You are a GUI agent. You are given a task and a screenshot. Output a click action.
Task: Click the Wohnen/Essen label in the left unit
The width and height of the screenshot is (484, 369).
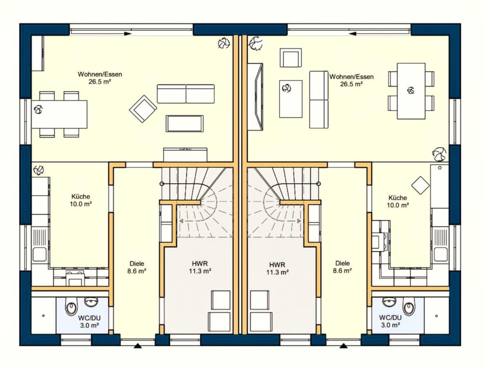[x=100, y=74]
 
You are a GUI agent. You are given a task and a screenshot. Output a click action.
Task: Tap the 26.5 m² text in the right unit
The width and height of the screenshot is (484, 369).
[x=351, y=84]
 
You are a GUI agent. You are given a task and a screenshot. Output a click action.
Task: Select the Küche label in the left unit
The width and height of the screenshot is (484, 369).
[x=81, y=196]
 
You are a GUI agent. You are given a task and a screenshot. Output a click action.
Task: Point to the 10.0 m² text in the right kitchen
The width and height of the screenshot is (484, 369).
[x=398, y=205]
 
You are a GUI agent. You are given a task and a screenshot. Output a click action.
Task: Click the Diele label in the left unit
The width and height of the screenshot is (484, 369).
[x=137, y=263]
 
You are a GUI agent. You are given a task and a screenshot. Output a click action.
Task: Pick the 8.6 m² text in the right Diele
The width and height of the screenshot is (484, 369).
[x=342, y=271]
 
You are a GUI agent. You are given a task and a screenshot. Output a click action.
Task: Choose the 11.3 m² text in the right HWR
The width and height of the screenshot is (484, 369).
[x=277, y=272]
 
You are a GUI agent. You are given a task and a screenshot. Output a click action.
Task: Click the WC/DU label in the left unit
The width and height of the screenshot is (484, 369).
[x=89, y=318]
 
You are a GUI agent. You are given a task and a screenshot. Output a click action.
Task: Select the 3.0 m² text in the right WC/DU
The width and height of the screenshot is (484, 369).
[x=390, y=325]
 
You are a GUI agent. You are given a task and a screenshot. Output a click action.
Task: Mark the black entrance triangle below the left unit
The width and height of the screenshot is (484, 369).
[x=138, y=346]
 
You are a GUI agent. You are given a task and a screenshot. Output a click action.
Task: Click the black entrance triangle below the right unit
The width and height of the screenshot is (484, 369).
[x=343, y=346]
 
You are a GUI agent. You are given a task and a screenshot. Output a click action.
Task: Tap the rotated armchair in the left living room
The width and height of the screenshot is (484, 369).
[x=143, y=109]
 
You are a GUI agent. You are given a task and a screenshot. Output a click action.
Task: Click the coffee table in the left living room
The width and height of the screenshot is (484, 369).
[x=185, y=123]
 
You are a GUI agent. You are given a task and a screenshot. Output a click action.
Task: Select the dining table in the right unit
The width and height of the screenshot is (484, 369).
[x=411, y=91]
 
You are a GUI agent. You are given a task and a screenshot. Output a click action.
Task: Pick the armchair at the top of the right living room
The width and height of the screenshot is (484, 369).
[x=291, y=58]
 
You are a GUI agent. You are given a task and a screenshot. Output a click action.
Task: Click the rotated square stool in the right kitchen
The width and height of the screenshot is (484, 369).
[x=420, y=186]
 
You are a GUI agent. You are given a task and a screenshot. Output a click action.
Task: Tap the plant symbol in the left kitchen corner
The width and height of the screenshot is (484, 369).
[x=38, y=170]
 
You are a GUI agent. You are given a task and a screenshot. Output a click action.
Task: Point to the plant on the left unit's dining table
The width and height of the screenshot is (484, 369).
[x=38, y=110]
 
